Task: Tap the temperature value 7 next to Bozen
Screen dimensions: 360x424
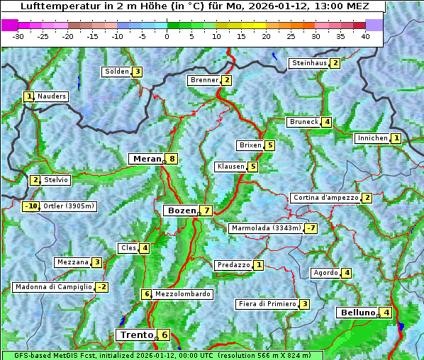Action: coord(206,210)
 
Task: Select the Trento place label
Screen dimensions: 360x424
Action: coord(136,334)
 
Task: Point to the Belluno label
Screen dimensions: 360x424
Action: coord(357,313)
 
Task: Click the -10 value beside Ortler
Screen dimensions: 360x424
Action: coord(31,206)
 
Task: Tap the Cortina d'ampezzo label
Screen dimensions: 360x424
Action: coord(325,198)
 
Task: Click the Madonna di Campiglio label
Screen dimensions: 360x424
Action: coord(53,287)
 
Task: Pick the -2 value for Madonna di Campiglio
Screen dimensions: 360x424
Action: coord(102,287)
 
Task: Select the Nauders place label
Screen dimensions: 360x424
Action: coord(52,96)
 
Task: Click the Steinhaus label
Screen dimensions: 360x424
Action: coord(309,63)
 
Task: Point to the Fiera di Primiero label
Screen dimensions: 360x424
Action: coord(267,304)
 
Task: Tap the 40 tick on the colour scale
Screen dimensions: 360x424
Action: coord(365,35)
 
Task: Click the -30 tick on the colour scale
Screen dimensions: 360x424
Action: coord(19,35)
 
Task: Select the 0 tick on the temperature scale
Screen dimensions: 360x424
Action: coord(167,35)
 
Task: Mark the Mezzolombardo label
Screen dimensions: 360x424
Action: coord(182,294)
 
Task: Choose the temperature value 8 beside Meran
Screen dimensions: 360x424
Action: coord(172,159)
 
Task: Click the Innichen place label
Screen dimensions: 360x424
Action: coord(372,138)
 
